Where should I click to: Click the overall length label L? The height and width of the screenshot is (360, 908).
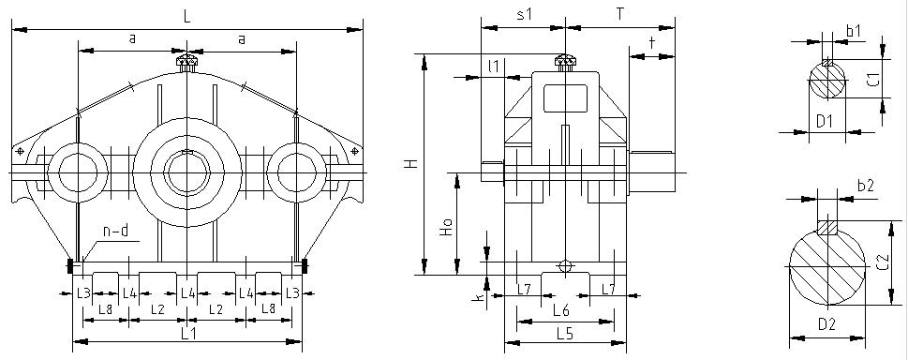(187, 17)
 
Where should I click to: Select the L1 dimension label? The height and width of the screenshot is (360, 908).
(187, 334)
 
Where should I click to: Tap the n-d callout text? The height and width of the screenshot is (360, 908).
(116, 232)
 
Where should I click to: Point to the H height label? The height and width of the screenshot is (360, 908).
(411, 164)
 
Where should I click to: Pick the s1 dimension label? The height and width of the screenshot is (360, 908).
(524, 15)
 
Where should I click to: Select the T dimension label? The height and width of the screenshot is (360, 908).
(620, 14)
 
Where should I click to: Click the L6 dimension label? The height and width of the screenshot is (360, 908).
(561, 310)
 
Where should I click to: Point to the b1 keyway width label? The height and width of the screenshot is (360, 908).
(855, 31)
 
